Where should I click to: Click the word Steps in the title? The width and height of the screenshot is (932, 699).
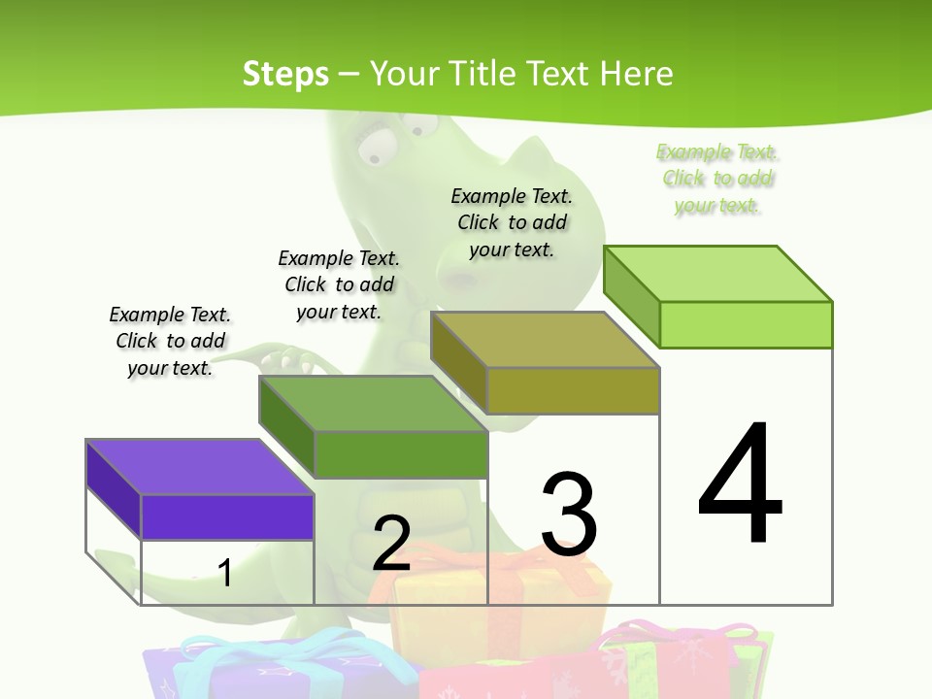[x=285, y=74]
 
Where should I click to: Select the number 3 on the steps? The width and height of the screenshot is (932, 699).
[x=569, y=514]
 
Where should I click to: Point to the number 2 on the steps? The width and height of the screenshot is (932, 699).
[x=391, y=543]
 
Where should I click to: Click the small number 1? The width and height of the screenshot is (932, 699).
[x=225, y=573]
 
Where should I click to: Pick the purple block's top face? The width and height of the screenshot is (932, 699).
[x=200, y=467]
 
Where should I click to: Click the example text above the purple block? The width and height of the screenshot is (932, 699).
[x=170, y=341]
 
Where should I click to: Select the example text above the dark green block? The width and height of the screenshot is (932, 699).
[x=339, y=284]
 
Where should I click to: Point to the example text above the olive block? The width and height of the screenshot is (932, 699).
[x=512, y=222]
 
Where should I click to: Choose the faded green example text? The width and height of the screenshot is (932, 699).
[x=717, y=178]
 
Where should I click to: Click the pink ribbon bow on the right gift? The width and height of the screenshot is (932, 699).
[x=680, y=636]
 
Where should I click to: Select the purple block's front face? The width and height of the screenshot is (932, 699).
[x=227, y=516]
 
